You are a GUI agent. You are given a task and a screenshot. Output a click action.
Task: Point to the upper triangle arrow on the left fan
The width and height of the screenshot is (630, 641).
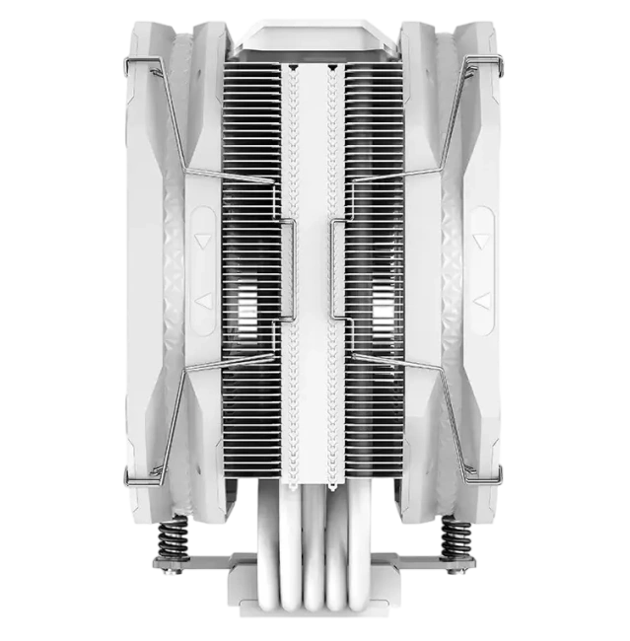click(x=202, y=239)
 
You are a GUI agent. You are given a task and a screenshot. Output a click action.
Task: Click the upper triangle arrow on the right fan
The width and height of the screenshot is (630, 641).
click(x=483, y=239)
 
